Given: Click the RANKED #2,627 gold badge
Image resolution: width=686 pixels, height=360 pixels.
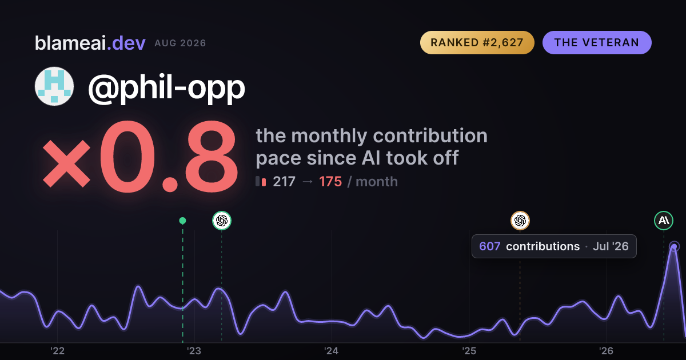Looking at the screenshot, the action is pos(477,42).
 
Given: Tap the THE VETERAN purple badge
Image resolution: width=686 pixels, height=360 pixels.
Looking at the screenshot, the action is pos(597,42).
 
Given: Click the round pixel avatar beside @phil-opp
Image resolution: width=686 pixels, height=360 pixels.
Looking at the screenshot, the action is pos(54,86).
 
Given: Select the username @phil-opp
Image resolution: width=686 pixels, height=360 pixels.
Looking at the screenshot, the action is pos(166,87).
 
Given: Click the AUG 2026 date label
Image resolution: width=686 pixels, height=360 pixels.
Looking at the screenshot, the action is pos(180,43).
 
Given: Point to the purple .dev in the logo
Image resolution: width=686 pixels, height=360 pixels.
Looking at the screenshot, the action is pos(126,43).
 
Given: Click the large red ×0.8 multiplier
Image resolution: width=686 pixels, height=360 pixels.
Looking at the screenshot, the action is pos(141,157).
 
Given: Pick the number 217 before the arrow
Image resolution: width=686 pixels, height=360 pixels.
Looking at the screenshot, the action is pos(284,182).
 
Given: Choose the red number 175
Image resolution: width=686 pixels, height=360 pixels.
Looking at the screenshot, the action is pos(330,182).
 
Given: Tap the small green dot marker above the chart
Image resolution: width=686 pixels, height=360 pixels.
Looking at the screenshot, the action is pos(182,221).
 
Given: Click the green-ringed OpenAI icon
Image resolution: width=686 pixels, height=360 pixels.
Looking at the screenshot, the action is pos(222,221).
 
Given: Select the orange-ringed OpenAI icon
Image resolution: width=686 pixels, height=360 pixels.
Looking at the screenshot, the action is pos(520,221).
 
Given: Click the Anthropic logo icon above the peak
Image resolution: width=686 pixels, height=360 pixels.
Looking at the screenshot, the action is pos(664,221).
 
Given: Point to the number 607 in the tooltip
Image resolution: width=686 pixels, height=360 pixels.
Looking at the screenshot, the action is pos(490,246).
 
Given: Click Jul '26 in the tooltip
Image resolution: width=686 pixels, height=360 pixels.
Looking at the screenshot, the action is pos(611,246).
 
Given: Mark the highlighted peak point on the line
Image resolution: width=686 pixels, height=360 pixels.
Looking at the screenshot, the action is pos(674,246).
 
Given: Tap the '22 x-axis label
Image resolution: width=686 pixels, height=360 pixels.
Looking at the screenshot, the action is pos(57,351).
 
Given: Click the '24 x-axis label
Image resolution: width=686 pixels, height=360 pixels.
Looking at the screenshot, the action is pos(332,351).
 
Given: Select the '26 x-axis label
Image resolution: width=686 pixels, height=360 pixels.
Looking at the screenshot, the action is pos(606,351).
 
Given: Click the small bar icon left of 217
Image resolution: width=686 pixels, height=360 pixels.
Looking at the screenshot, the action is pos(261,181).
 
